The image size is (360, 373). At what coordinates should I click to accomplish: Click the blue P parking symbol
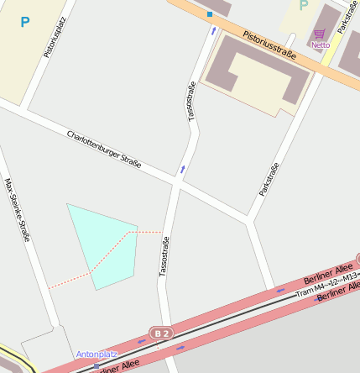[24, 22]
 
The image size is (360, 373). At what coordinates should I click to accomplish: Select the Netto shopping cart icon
[320, 34]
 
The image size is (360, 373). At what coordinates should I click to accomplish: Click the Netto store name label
[321, 45]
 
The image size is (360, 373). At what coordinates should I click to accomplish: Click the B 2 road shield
[161, 334]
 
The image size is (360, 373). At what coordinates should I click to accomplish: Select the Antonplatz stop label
[97, 355]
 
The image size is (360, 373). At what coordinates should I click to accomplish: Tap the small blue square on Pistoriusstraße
[210, 14]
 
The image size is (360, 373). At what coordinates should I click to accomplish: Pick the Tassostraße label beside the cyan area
[164, 256]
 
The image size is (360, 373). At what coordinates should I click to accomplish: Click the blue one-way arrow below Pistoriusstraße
[213, 31]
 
